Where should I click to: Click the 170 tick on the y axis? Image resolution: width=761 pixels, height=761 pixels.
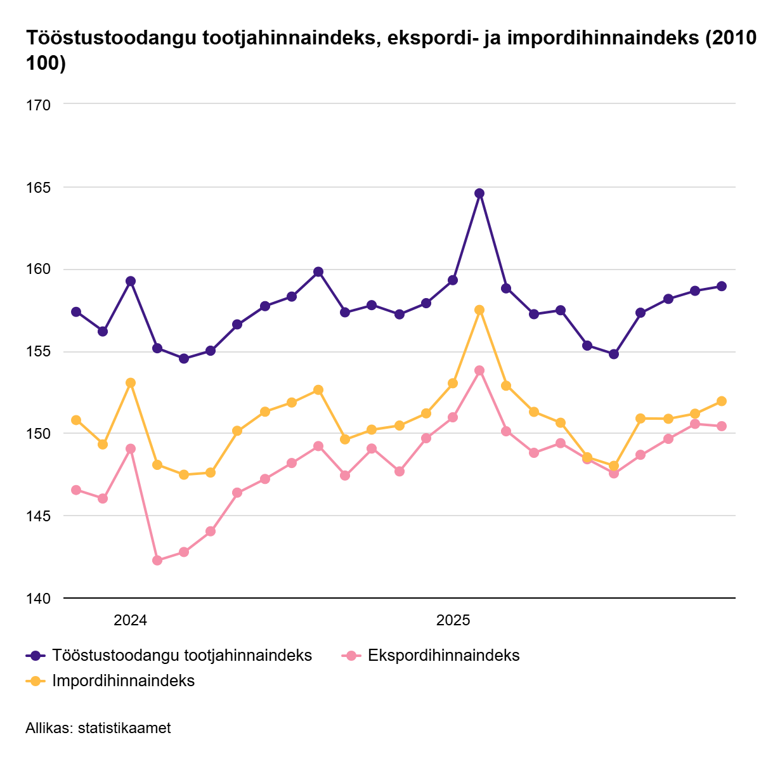(39, 105)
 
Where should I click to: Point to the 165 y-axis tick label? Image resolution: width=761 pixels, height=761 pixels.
(39, 188)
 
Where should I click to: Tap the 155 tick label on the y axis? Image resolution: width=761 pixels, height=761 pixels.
(39, 352)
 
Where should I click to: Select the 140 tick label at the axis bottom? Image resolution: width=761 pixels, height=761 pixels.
(39, 598)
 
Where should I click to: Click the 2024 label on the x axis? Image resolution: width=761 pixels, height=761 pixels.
(130, 620)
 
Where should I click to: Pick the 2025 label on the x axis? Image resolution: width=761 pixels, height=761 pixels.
(453, 620)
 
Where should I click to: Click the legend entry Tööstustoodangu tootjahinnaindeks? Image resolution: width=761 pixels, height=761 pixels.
(182, 655)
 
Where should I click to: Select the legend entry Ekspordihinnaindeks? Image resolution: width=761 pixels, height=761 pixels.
(443, 655)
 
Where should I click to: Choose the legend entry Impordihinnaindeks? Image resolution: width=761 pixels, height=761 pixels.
(123, 680)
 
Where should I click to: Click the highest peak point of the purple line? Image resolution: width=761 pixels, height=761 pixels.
(479, 193)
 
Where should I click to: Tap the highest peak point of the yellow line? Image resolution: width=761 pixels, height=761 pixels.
(479, 310)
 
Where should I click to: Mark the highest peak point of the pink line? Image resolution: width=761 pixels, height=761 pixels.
(479, 370)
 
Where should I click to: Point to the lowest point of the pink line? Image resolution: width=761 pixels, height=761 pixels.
(157, 561)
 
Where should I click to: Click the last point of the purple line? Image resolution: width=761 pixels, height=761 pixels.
(722, 286)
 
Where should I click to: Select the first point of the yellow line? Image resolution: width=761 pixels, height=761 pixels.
(76, 420)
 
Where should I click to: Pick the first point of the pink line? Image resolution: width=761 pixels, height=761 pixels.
(76, 490)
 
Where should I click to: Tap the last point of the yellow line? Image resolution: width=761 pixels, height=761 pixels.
(722, 401)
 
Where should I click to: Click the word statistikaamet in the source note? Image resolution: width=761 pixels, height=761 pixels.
(124, 728)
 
